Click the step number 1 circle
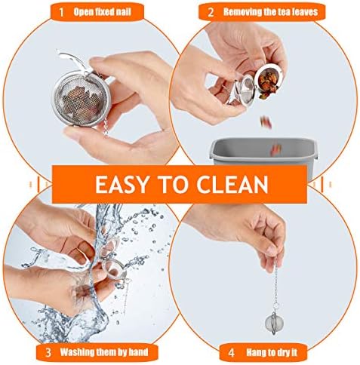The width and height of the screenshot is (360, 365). coord(60,12)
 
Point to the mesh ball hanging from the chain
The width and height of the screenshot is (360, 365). coord(275,325)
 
